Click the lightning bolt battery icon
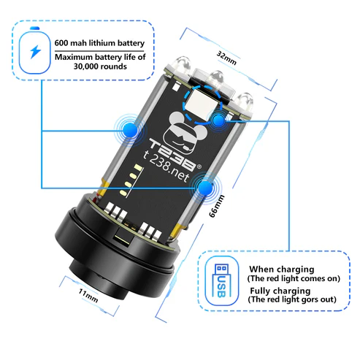pos(35,50)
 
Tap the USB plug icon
pos(222,280)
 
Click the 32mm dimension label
pos(226,58)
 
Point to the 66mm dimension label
pos(217,206)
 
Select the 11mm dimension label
pos(88,295)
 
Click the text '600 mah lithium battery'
pos(99,43)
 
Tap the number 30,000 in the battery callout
pos(86,66)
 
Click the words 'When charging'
pos(282,269)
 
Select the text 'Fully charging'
pos(280,291)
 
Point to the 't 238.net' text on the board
pos(166,166)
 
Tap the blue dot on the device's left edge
pos(130,130)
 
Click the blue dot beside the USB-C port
pos(218,120)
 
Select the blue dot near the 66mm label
pos(206,188)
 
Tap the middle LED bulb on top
pos(217,80)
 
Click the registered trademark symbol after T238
pos(199,166)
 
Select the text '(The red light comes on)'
pos(294,279)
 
